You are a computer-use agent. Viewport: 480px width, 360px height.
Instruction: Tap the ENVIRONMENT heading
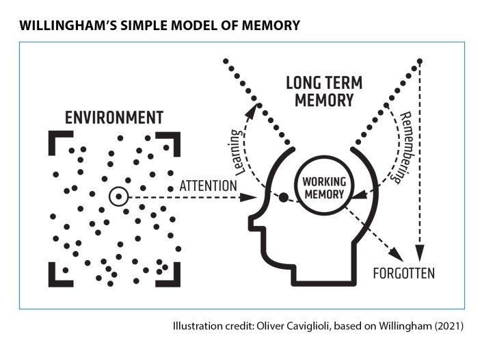pyautogui.click(x=114, y=118)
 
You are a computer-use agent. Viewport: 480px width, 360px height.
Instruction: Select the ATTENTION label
pyautogui.click(x=208, y=185)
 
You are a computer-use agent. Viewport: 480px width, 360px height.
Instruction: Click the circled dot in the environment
pyautogui.click(x=119, y=197)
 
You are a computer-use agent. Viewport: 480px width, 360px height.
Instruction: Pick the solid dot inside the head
pyautogui.click(x=283, y=198)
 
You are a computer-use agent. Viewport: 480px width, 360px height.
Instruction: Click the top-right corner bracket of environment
pyautogui.click(x=174, y=138)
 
